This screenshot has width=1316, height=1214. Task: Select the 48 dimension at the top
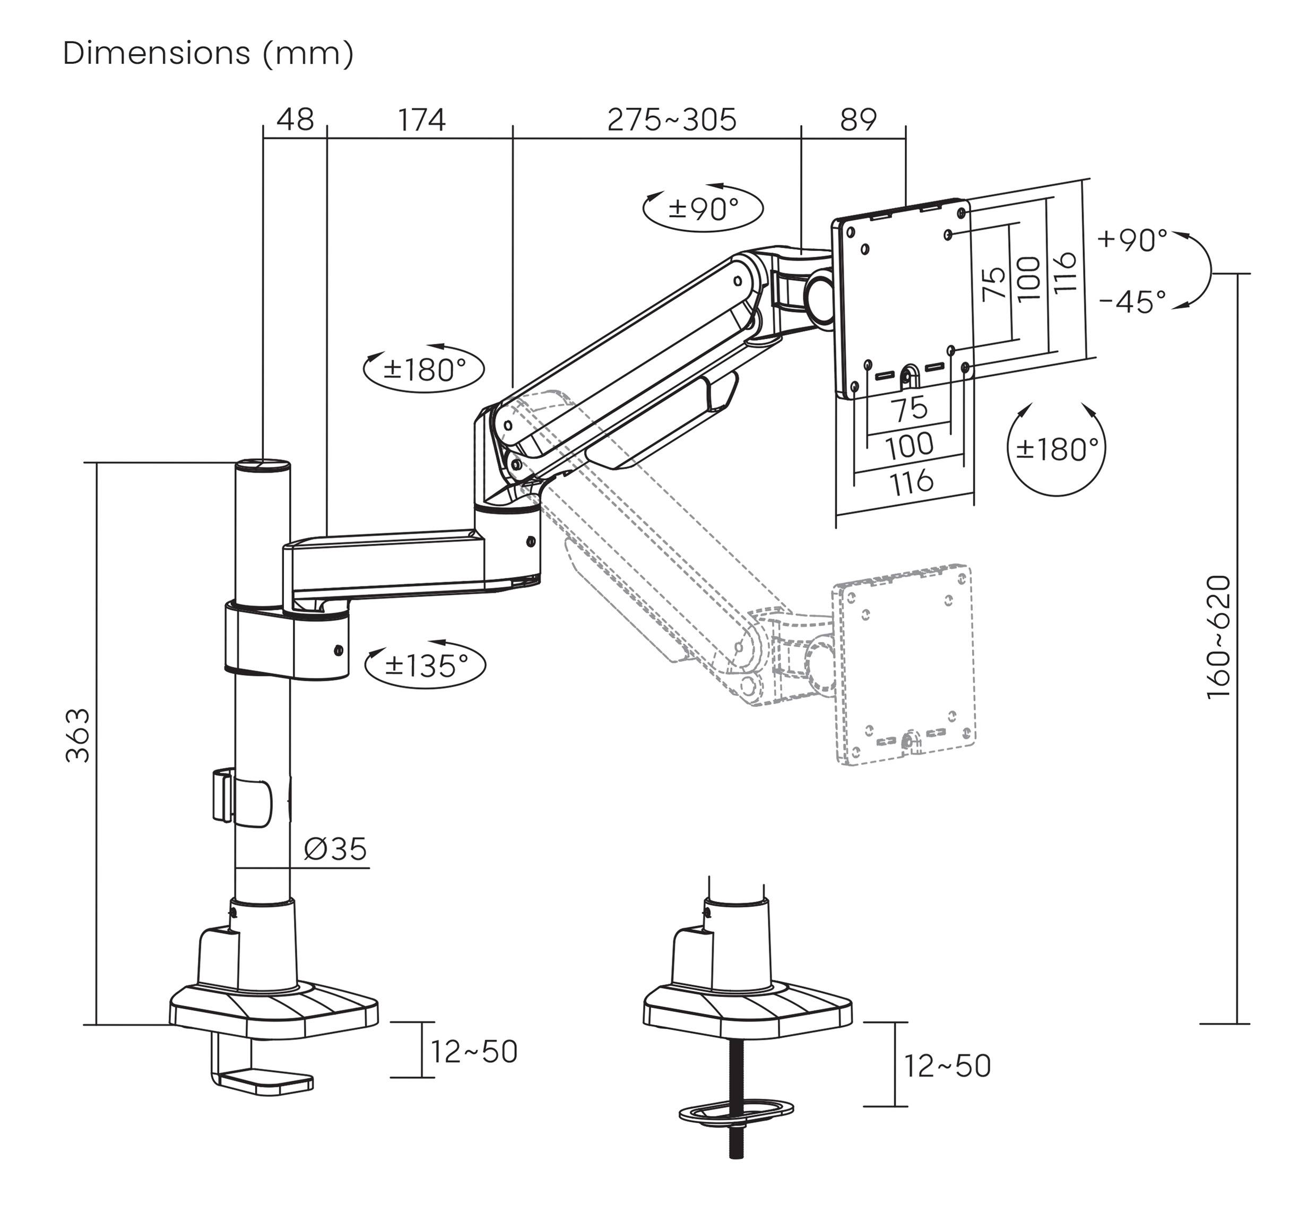coord(295,120)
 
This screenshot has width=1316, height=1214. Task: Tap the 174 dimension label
coord(421,120)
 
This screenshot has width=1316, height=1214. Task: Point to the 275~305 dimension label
coord(671,120)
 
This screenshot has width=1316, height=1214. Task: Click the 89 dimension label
coord(858,120)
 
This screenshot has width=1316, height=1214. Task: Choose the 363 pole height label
coord(78,735)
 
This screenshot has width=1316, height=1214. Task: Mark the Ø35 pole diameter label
coord(335,849)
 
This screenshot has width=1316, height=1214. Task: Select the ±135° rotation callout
coord(426,666)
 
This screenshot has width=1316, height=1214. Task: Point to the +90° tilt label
coord(1132,240)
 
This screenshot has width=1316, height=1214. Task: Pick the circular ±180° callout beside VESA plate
coord(1057,450)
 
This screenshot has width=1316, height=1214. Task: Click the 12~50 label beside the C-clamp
coord(474,1052)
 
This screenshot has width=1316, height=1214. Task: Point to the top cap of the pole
coord(263,466)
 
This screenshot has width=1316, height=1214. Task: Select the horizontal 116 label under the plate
coord(911,482)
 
